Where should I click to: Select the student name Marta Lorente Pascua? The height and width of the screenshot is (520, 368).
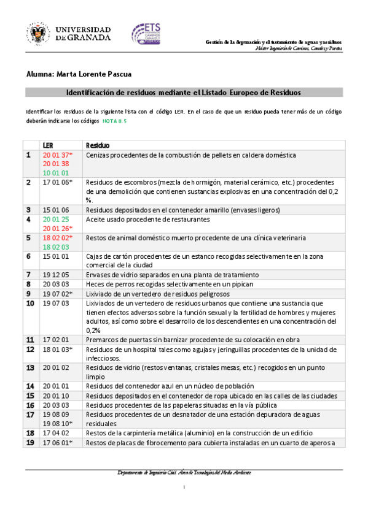[79, 74]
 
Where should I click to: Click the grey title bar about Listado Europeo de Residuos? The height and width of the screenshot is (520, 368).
[184, 93]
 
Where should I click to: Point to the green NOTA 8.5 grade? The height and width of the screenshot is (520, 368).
[114, 121]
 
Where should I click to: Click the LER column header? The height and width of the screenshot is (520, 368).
[48, 145]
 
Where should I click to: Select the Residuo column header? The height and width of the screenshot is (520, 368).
[98, 145]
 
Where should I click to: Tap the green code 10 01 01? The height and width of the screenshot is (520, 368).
[55, 173]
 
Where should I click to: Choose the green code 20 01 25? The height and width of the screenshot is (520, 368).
[55, 219]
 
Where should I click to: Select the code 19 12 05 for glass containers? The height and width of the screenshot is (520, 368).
[55, 275]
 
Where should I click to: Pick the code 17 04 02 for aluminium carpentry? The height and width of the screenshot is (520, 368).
[55, 433]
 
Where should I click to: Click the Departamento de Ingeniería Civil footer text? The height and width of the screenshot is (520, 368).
[184, 472]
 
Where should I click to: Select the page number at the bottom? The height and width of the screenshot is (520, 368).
[184, 487]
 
